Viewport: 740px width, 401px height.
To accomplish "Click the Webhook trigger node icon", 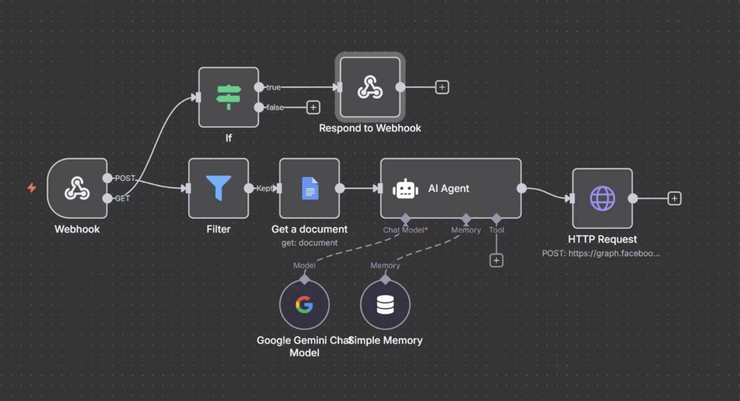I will click(77, 188).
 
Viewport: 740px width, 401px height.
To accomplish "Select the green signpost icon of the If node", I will click(229, 97).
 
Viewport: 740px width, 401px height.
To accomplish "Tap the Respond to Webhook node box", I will click(370, 87).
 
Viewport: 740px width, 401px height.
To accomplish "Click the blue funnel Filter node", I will click(219, 188).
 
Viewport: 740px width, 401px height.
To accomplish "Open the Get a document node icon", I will click(310, 188).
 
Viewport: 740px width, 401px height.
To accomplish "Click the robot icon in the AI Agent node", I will click(405, 189).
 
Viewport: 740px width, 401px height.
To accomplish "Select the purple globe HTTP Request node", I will click(602, 198).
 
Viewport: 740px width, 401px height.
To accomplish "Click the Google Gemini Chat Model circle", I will click(304, 305).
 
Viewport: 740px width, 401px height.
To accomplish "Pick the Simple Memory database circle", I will click(385, 305).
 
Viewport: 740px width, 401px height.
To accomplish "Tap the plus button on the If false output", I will click(313, 108).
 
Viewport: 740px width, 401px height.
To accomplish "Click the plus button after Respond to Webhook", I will click(442, 87).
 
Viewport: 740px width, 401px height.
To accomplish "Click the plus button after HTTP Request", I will click(674, 198).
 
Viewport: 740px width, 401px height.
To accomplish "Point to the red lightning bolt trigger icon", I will click(32, 188).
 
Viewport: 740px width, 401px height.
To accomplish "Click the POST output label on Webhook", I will click(125, 178).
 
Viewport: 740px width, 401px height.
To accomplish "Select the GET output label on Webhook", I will click(122, 198).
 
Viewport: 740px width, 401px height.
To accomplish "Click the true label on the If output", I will click(273, 87).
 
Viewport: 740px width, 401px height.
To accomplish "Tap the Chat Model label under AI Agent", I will click(404, 230).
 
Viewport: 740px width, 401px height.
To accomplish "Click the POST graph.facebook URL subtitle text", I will click(601, 253).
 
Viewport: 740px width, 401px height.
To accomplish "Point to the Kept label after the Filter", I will click(265, 188).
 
